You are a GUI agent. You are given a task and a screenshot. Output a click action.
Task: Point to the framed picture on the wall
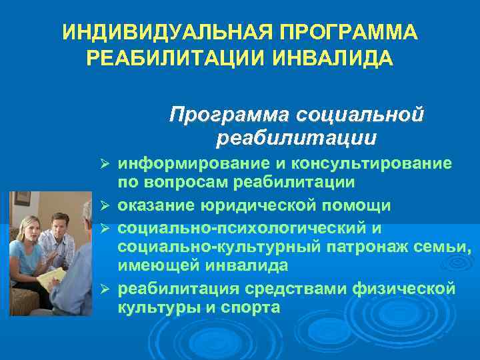tap(23, 199)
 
